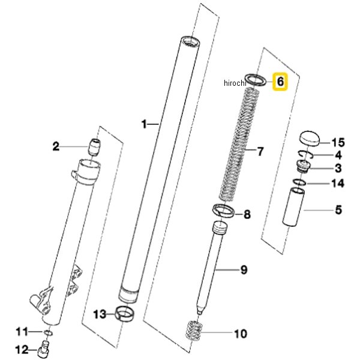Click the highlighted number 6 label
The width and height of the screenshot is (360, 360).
click(x=281, y=80)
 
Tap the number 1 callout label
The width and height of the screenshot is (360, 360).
click(x=144, y=124)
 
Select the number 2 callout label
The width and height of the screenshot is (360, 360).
click(x=73, y=146)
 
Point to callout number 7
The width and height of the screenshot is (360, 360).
click(x=260, y=151)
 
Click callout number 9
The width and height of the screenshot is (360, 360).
click(x=244, y=270)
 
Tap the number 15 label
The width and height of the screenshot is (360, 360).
click(x=338, y=142)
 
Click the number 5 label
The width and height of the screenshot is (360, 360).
click(x=338, y=210)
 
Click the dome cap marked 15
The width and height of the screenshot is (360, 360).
click(x=310, y=137)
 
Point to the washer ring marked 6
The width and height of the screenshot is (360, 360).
click(x=257, y=79)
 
